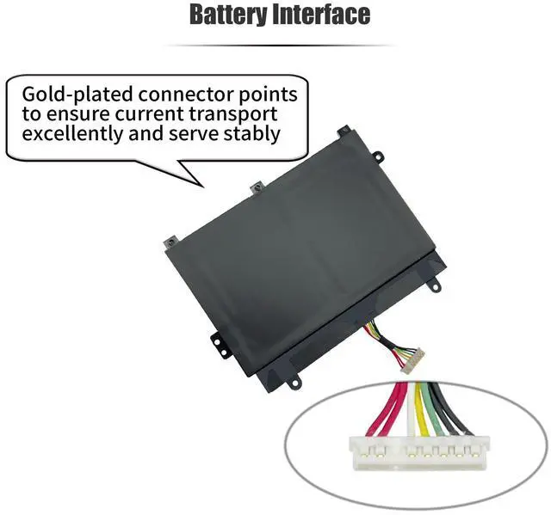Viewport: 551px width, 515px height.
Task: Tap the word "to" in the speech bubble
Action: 32,113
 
